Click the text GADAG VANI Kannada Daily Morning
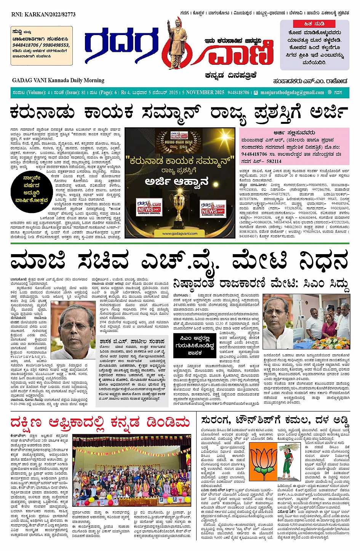[58, 80]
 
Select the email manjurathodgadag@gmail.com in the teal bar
[292, 93]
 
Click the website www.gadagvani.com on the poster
[179, 234]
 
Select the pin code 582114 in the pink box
[274, 161]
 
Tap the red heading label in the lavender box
[314, 24]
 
